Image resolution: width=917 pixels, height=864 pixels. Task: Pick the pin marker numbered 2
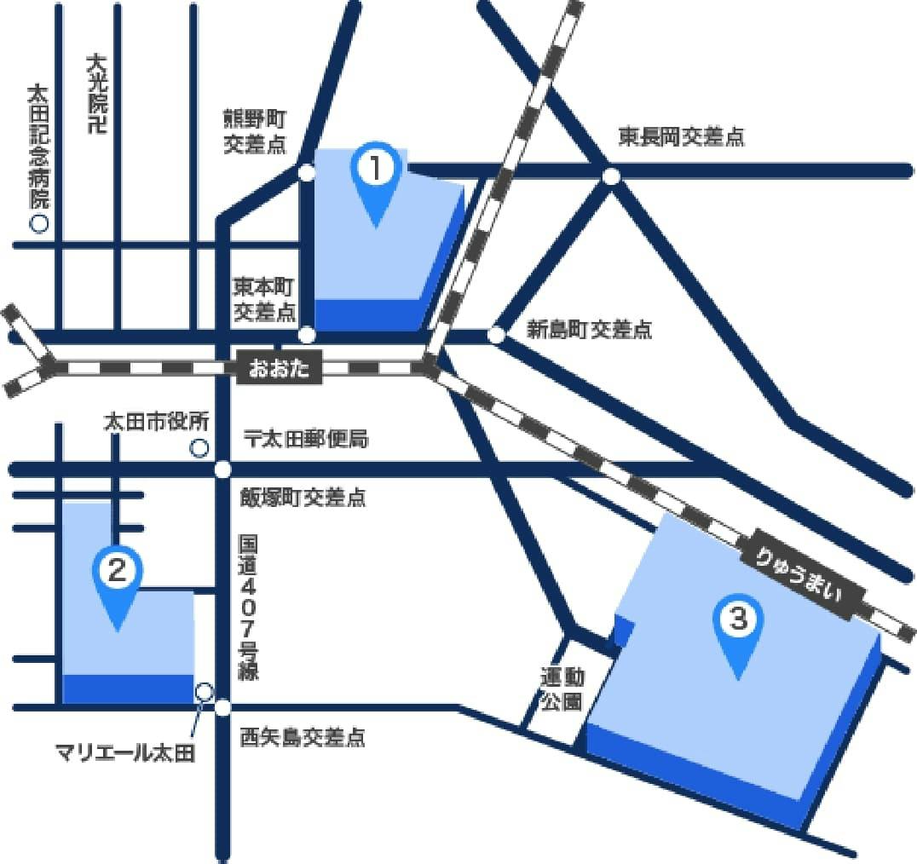(118, 587)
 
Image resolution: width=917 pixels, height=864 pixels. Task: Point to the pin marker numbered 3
(738, 636)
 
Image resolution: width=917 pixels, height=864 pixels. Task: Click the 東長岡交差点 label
(681, 137)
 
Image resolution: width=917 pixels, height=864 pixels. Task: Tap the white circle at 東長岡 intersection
(610, 176)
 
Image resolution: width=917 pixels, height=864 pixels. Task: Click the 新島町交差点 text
(589, 330)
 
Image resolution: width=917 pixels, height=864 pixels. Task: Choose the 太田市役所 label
(156, 422)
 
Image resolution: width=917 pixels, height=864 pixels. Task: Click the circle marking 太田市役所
(199, 446)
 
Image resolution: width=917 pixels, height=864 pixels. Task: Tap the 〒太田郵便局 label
(304, 440)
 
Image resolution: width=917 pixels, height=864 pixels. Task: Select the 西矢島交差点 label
(302, 737)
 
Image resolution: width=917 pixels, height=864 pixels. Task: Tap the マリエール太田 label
(125, 752)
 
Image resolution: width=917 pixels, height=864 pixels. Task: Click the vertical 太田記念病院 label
(39, 146)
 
